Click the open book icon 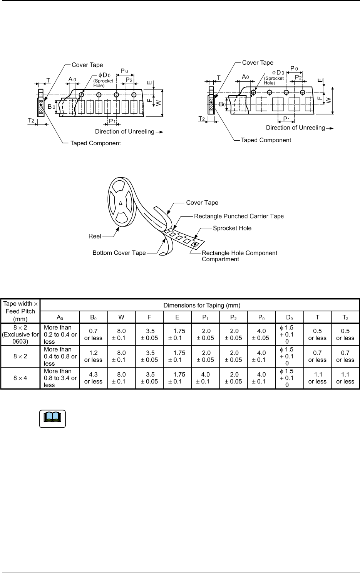[53, 418]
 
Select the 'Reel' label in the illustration [95, 236]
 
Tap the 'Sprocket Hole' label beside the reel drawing [232, 228]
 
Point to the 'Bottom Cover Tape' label [119, 253]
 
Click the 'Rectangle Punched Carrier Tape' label [239, 216]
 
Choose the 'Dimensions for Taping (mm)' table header [202, 306]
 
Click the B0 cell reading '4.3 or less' [93, 378]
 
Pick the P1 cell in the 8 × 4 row [205, 378]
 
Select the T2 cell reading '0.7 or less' [345, 356]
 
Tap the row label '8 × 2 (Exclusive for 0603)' [20, 334]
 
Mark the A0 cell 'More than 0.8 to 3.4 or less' [60, 378]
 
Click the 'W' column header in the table [121, 318]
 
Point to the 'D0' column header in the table [289, 318]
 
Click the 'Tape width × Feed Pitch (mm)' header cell [20, 311]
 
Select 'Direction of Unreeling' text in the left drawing [125, 132]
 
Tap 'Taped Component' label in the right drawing [266, 140]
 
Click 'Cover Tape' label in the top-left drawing [87, 65]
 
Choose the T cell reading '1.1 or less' [317, 378]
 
